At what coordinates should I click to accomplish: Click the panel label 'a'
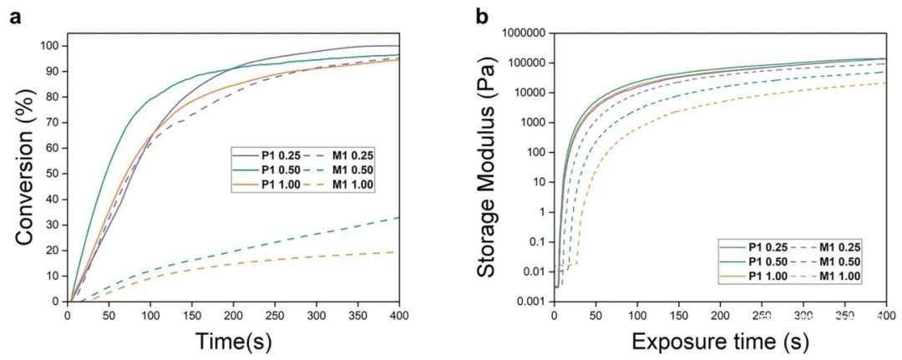pos(13,15)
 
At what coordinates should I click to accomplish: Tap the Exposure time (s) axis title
pos(719,341)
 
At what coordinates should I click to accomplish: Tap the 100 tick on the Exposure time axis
pos(636,315)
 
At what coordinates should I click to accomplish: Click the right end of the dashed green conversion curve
pos(398,217)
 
